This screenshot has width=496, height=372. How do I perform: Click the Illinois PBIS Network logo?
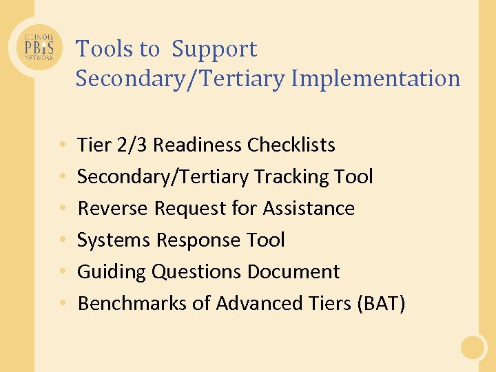click(x=40, y=48)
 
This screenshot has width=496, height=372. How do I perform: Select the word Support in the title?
click(x=214, y=49)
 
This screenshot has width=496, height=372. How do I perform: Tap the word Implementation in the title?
click(x=375, y=79)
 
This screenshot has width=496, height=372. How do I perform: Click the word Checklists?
click(x=291, y=145)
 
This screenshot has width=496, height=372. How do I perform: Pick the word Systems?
click(x=114, y=240)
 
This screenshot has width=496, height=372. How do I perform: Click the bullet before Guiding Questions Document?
click(x=62, y=272)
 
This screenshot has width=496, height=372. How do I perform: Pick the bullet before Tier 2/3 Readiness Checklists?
click(x=62, y=145)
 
